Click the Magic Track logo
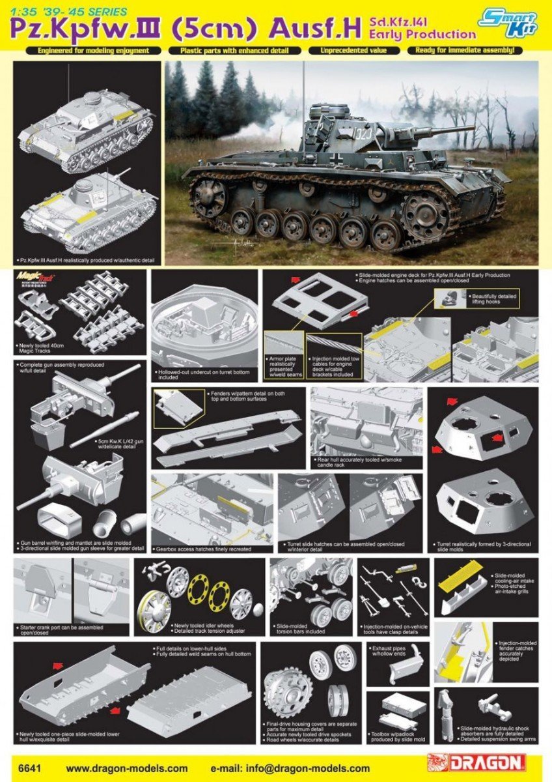pos(36,280)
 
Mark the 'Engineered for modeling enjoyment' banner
pos(93,50)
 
